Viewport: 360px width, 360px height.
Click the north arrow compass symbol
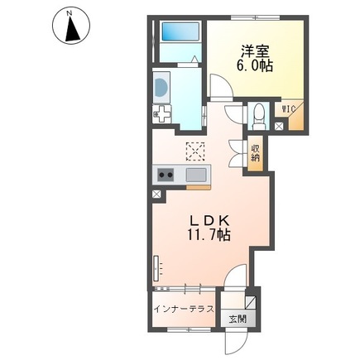click(x=71, y=25)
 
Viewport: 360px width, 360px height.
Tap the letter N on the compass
click(x=70, y=12)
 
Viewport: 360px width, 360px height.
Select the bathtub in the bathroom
click(x=180, y=31)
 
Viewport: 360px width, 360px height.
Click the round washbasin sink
click(x=161, y=87)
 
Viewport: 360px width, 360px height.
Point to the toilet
click(x=258, y=117)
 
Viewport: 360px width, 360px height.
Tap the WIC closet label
click(x=288, y=109)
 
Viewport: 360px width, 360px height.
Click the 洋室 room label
click(x=255, y=51)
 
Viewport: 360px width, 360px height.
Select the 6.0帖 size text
click(x=255, y=66)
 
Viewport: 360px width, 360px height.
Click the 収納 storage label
click(x=255, y=153)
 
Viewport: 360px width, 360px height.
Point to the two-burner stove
click(x=166, y=175)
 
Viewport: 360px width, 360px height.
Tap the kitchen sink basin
click(x=196, y=175)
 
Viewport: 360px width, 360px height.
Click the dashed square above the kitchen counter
click(x=195, y=151)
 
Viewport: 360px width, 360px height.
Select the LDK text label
click(x=209, y=221)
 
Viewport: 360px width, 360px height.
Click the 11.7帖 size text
click(x=209, y=235)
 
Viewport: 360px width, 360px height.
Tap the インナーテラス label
click(x=184, y=309)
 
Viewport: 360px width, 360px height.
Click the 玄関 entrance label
click(x=238, y=319)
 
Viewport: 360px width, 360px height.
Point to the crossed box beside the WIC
click(x=279, y=126)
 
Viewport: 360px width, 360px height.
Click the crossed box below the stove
click(x=156, y=194)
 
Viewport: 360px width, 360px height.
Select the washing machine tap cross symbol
click(x=162, y=113)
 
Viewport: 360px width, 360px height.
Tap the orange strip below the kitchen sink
click(x=199, y=188)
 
